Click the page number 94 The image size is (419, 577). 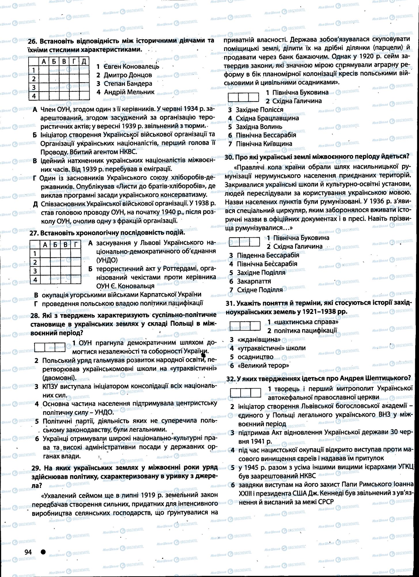tap(28, 552)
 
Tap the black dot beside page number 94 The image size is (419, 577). tap(43, 552)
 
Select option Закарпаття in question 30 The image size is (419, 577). tap(254, 281)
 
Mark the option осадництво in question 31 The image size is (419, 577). tap(255, 357)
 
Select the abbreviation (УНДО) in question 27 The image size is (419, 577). tap(107, 260)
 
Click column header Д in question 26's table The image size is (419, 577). tap(84, 61)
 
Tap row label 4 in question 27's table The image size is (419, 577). tap(35, 280)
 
